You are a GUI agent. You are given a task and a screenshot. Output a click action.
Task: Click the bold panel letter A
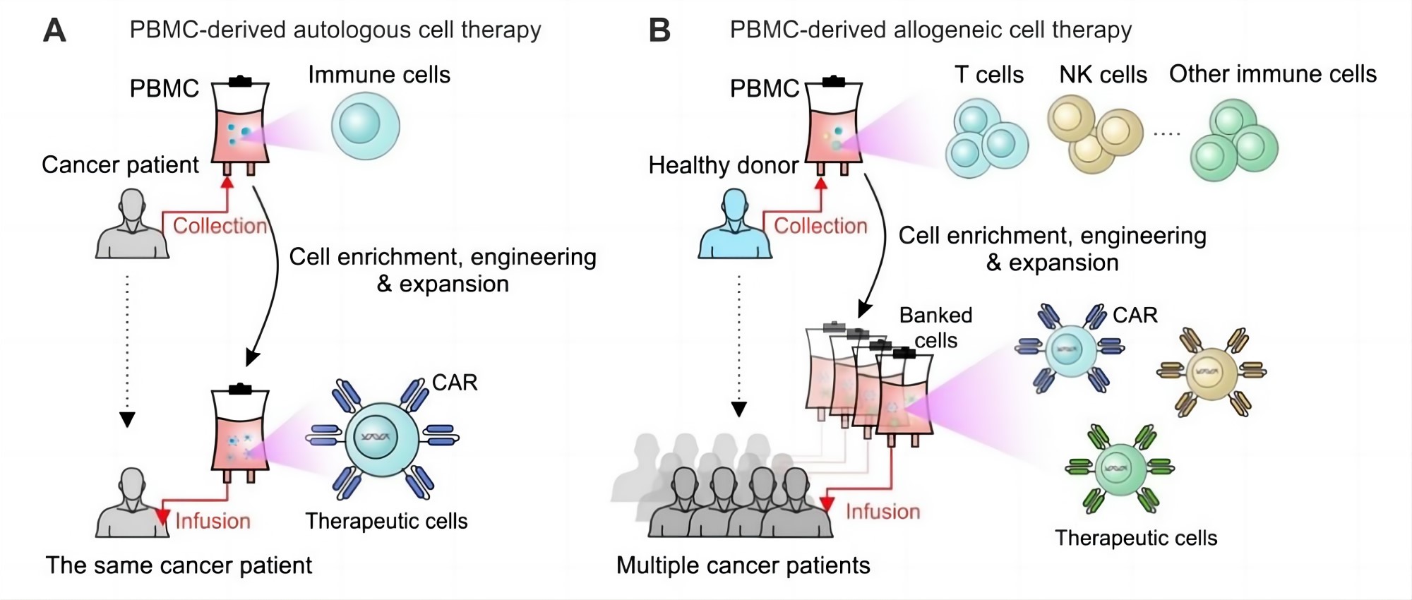pyautogui.click(x=54, y=30)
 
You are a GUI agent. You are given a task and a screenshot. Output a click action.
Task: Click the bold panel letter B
pyautogui.click(x=659, y=30)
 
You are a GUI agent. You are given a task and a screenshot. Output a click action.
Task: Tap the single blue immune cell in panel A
pyautogui.click(x=365, y=126)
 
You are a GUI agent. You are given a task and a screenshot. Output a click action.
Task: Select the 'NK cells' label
pyautogui.click(x=1103, y=75)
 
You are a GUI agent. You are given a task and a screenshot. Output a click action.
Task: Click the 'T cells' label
pyautogui.click(x=988, y=75)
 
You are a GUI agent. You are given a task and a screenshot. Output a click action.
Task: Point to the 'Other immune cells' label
pyautogui.click(x=1272, y=74)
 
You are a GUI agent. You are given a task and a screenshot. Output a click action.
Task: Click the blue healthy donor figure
pyautogui.click(x=734, y=226)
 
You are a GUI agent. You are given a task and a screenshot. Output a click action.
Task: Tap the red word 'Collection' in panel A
pyautogui.click(x=220, y=226)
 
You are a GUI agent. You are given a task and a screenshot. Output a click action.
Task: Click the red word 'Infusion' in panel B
pyautogui.click(x=882, y=511)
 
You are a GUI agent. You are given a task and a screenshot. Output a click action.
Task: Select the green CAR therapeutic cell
pyautogui.click(x=1119, y=468)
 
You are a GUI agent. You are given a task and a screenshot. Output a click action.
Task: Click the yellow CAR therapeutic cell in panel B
pyautogui.click(x=1211, y=371)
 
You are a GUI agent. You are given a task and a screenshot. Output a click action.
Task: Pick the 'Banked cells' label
pyautogui.click(x=935, y=328)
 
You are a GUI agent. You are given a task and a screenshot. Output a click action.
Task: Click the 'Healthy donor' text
pyautogui.click(x=723, y=165)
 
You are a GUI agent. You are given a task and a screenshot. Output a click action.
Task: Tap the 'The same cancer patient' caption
pyautogui.click(x=179, y=565)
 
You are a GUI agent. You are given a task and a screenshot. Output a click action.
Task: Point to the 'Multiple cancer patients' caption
pyautogui.click(x=743, y=565)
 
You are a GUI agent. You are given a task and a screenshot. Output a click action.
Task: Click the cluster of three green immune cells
pyautogui.click(x=1234, y=140)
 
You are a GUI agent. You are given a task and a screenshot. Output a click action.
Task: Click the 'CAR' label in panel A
pyautogui.click(x=455, y=383)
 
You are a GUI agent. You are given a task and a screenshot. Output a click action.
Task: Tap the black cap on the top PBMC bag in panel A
pyautogui.click(x=240, y=81)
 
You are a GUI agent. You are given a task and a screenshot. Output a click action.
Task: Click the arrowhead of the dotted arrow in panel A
pyautogui.click(x=127, y=420)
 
